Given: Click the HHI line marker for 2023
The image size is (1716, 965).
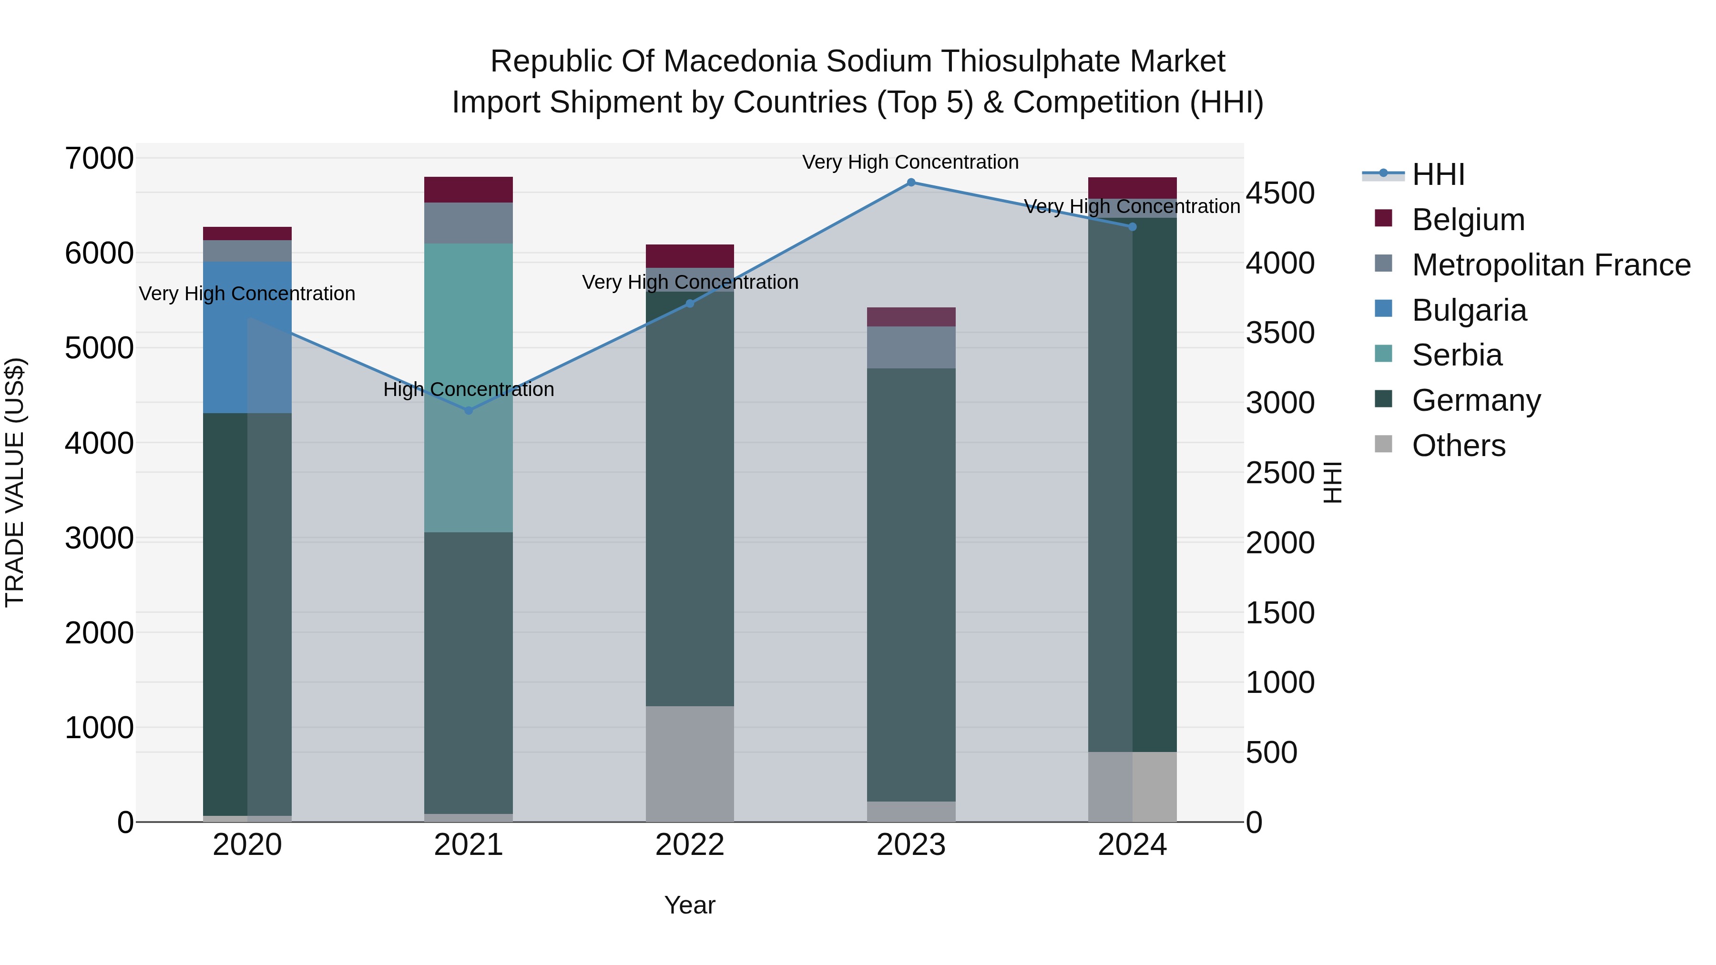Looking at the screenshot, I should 910,183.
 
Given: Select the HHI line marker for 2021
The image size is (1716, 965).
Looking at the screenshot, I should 468,411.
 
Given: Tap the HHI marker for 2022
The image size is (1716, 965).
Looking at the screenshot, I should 689,304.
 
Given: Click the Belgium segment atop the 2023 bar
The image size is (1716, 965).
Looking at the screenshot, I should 910,317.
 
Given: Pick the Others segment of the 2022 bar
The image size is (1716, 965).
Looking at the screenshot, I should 689,763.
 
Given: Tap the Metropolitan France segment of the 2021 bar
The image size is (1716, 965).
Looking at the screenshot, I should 468,223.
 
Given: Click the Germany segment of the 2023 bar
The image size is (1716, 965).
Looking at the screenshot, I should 910,585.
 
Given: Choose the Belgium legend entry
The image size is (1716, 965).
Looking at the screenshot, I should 1468,220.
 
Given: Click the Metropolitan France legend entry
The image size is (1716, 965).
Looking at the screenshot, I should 1551,265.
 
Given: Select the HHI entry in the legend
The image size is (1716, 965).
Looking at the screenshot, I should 1438,174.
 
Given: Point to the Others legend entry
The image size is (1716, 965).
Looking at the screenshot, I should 1458,446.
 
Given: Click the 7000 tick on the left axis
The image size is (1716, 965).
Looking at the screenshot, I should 99,159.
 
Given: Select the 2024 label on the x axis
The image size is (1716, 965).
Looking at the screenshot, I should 1132,845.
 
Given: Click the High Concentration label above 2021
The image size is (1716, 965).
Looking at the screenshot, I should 468,390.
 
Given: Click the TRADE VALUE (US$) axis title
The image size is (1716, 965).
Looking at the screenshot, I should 15,482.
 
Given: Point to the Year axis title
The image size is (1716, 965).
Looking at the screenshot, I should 689,905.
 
